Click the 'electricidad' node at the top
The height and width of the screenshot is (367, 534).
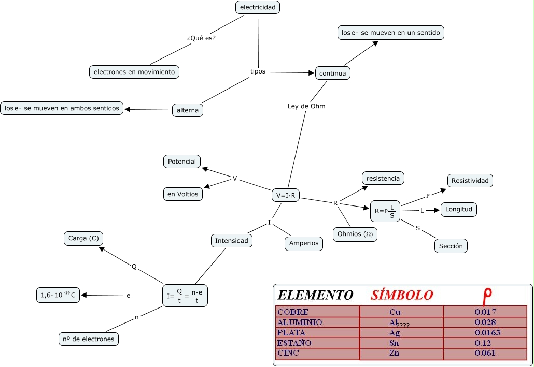(x=258, y=7)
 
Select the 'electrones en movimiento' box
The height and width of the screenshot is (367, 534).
(x=134, y=72)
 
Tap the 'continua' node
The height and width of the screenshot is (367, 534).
(x=332, y=74)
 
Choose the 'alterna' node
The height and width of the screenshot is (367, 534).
(x=188, y=110)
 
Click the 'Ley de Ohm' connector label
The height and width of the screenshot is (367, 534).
(x=306, y=106)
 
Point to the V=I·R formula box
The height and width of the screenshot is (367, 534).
(x=286, y=195)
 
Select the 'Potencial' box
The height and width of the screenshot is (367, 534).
(x=182, y=162)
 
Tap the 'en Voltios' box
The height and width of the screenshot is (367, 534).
(x=182, y=194)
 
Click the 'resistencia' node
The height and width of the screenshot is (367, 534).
(x=383, y=178)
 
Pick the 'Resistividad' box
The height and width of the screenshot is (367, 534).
(x=470, y=181)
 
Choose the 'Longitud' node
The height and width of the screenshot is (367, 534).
(x=459, y=210)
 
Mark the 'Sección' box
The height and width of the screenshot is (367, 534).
(x=451, y=246)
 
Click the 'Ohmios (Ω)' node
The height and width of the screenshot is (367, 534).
(x=355, y=234)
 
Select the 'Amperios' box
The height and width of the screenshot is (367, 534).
(x=304, y=243)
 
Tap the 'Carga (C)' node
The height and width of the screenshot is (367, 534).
(x=83, y=239)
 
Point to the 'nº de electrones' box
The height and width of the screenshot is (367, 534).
(x=88, y=339)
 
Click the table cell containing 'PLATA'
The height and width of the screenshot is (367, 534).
(x=317, y=333)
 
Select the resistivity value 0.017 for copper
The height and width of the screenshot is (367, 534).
(x=485, y=312)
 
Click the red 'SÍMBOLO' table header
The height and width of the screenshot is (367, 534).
(x=402, y=295)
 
